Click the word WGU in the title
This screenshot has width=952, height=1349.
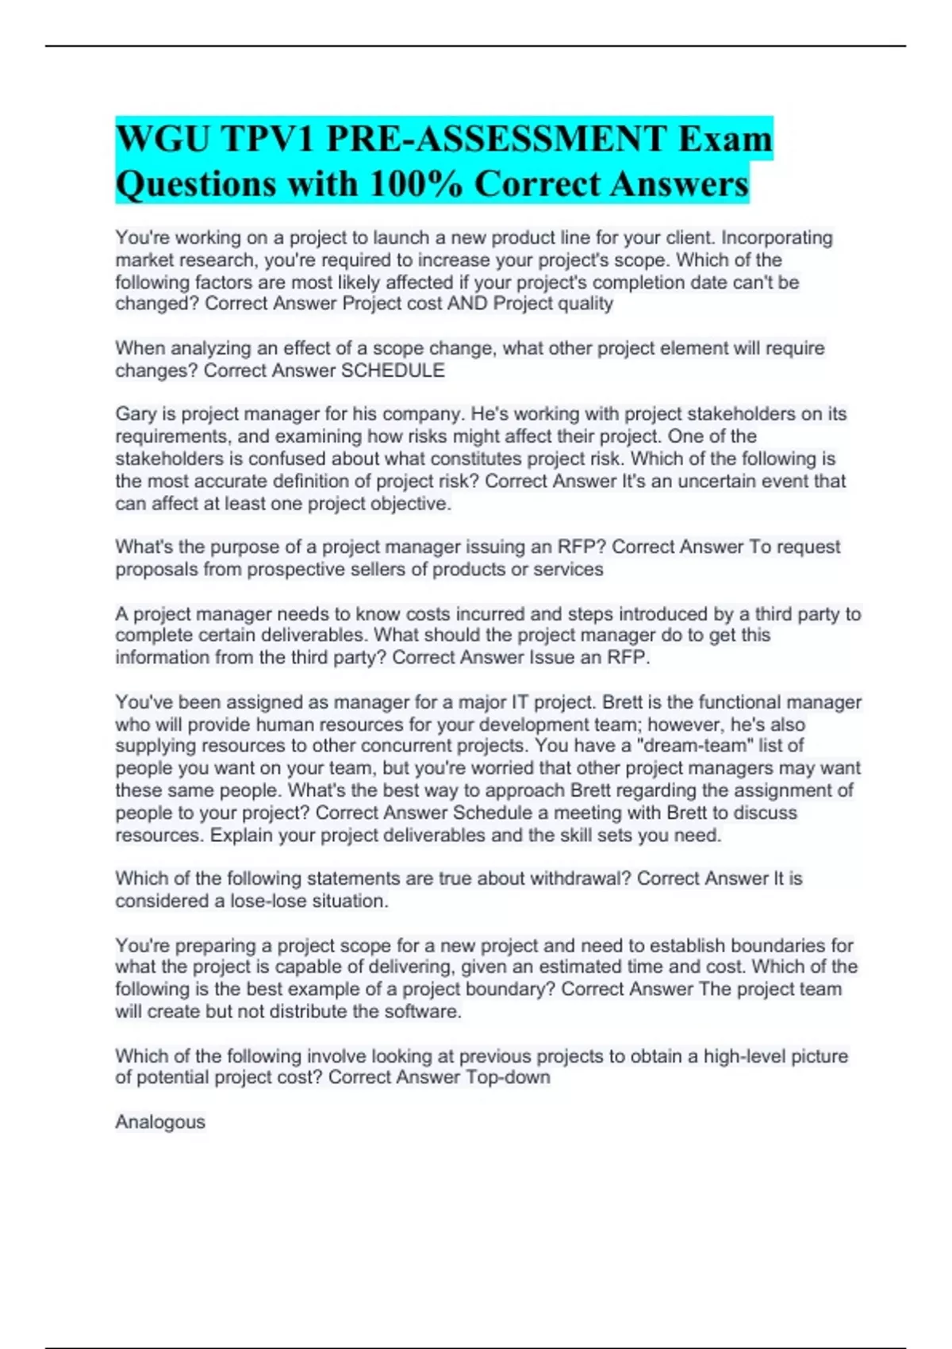[163, 140]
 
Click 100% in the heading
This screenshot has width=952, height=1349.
[417, 184]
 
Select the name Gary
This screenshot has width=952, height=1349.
[136, 414]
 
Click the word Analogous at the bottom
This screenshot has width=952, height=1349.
[160, 1122]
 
